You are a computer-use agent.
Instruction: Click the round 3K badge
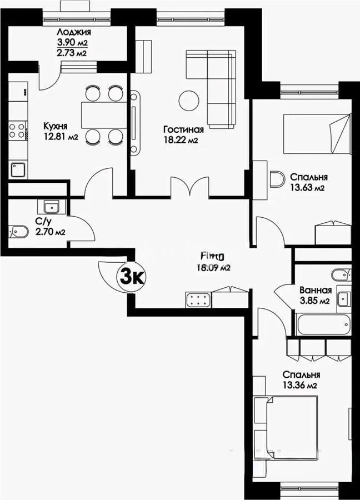[132, 276]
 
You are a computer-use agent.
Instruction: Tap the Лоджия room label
[73, 32]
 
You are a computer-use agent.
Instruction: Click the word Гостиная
[183, 129]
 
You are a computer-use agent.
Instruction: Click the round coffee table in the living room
[189, 100]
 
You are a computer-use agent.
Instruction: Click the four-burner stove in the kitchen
[17, 131]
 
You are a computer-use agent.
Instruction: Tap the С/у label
[42, 222]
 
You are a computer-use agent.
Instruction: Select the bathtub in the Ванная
[323, 323]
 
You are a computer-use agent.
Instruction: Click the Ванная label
[315, 290]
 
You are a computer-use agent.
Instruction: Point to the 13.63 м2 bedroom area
[307, 188]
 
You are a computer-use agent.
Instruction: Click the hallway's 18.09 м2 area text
[212, 267]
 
